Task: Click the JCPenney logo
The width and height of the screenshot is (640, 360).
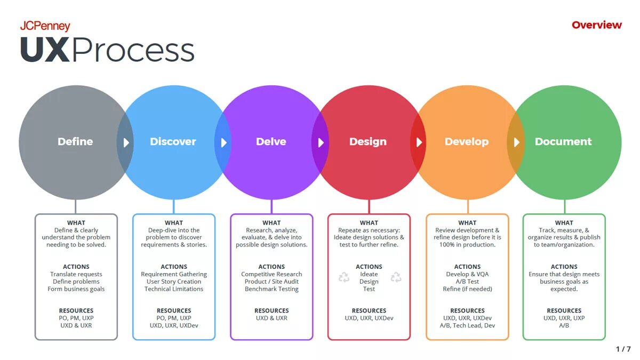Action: click(45, 26)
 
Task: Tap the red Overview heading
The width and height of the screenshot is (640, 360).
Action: click(596, 25)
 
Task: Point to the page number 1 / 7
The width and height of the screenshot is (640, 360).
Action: click(623, 349)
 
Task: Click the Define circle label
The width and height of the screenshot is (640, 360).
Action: click(75, 142)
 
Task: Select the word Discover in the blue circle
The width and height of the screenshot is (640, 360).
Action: click(173, 142)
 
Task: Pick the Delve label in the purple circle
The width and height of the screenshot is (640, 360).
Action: click(271, 142)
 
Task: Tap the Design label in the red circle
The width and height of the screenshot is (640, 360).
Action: click(368, 142)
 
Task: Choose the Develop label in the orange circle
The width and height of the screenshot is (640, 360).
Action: click(467, 142)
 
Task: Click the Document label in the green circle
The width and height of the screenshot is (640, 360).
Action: click(563, 142)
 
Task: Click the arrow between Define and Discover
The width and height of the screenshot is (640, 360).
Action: click(126, 143)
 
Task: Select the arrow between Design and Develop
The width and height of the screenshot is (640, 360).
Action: click(419, 143)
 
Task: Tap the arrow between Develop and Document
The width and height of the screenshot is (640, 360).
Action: click(516, 143)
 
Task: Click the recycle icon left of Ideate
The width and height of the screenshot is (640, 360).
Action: click(344, 277)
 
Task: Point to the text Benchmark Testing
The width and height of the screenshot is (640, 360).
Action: click(271, 289)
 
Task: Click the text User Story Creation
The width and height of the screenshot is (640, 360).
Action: click(174, 282)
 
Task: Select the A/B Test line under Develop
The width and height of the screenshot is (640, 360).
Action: click(467, 282)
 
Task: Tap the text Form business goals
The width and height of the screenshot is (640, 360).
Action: click(76, 289)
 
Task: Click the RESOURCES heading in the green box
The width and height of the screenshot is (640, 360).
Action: click(564, 310)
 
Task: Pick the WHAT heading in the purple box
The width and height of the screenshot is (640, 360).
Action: click(271, 223)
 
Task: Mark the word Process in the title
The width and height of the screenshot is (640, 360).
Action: click(133, 51)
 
